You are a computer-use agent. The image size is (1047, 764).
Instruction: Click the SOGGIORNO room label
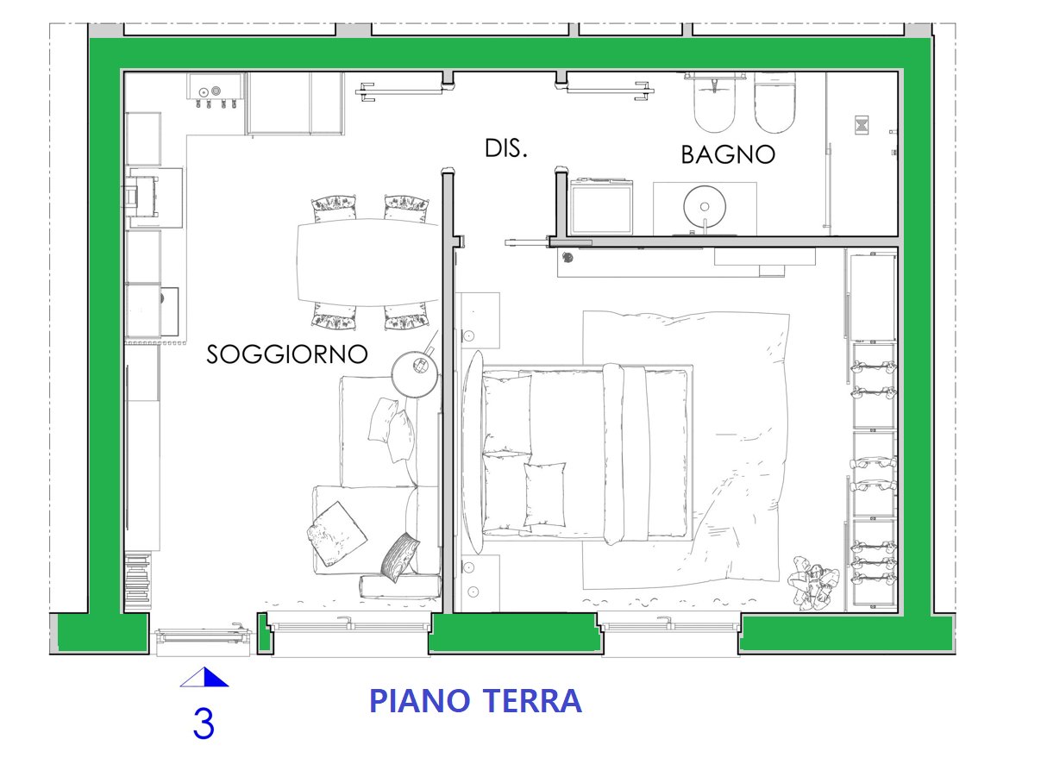coord(287,354)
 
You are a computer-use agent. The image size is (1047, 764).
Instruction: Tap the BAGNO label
coord(728,154)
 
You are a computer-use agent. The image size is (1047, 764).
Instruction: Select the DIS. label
coord(506,148)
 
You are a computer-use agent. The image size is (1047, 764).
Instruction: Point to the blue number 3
coord(204,723)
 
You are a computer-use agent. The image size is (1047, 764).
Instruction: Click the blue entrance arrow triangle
coord(204,677)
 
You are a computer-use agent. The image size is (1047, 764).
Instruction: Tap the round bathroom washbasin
coord(705,206)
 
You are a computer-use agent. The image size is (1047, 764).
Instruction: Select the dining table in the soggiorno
coord(368,262)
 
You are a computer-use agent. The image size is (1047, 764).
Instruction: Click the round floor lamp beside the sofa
coord(415,374)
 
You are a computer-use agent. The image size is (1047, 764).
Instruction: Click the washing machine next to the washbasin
coord(601,207)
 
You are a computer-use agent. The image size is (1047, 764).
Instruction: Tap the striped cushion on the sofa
coord(400,557)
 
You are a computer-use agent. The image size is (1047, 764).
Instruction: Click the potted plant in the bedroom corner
coord(812,582)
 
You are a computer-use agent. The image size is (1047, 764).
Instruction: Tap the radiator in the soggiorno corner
coord(138,581)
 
